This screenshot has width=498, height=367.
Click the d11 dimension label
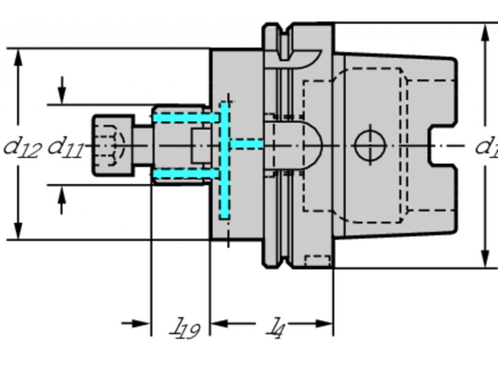point(65,147)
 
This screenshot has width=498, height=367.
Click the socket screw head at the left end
point(113,145)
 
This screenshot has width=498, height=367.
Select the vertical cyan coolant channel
point(225,161)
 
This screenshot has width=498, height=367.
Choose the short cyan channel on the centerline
point(247,145)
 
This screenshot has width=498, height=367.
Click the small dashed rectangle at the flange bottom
point(317,261)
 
